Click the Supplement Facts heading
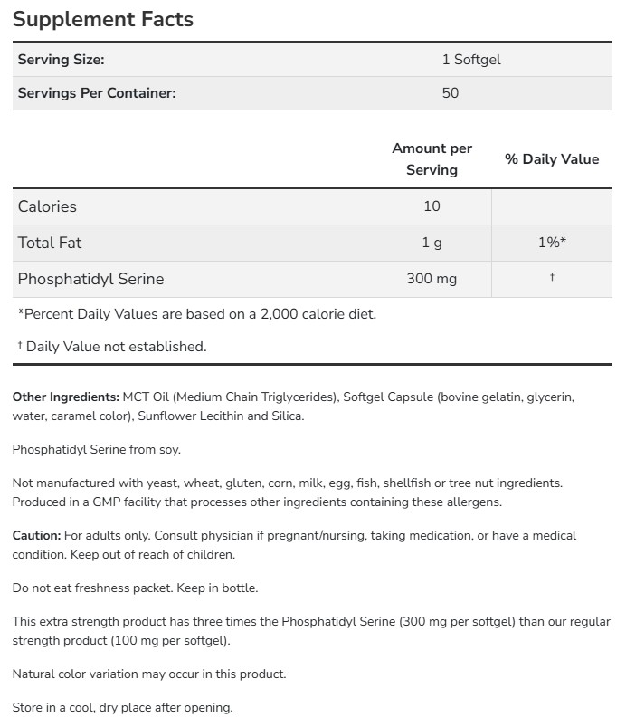point(102,19)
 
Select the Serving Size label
point(62,60)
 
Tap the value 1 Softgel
point(470,60)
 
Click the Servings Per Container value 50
point(450,92)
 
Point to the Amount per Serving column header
point(432,158)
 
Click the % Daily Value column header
point(551,159)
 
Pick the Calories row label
point(47,206)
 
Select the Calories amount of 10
point(432,206)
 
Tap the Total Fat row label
point(50,243)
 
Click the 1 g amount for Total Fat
point(432,243)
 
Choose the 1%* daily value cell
point(551,243)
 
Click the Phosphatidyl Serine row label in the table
point(90,279)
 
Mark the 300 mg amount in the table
point(432,279)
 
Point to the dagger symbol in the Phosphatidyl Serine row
point(551,278)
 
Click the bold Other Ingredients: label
point(65,397)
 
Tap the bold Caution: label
point(36,536)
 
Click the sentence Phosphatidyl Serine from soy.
point(102,450)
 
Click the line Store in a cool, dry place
point(122,708)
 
